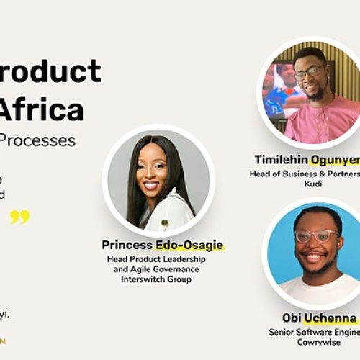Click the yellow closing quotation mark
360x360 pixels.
[x=19, y=217]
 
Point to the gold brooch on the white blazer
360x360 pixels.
[x=164, y=223]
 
